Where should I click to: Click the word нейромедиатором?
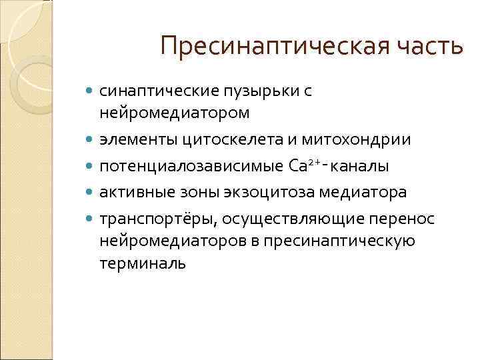pos(175,113)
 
